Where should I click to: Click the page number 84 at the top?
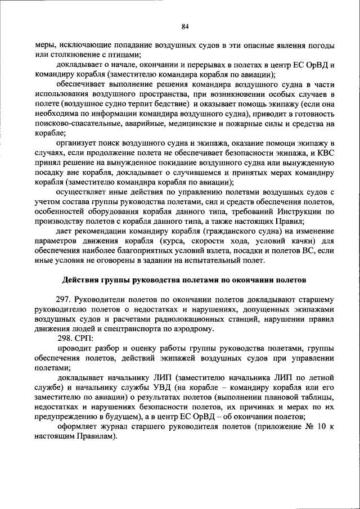coord(184,26)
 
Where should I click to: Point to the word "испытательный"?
coord(214,260)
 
